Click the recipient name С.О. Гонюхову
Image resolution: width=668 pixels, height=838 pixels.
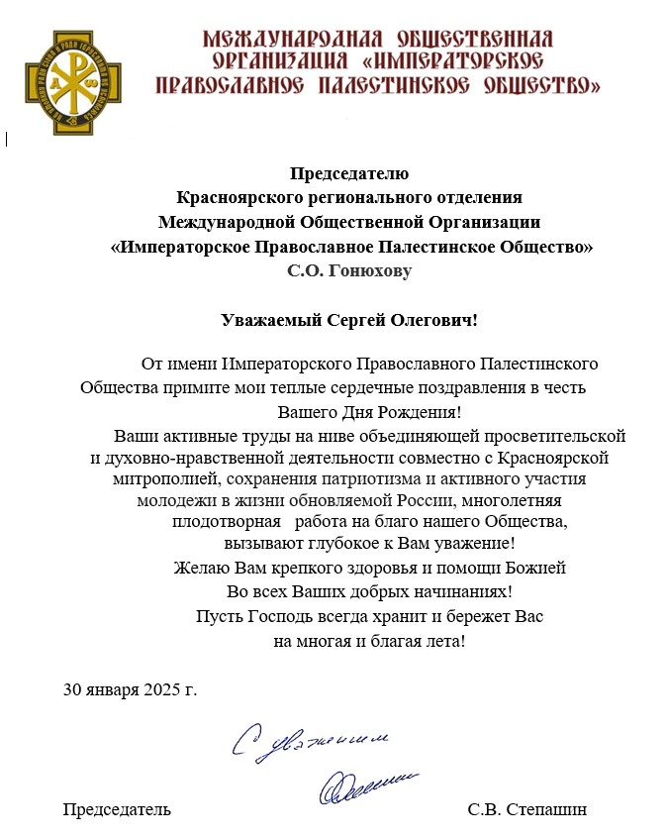click(349, 268)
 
